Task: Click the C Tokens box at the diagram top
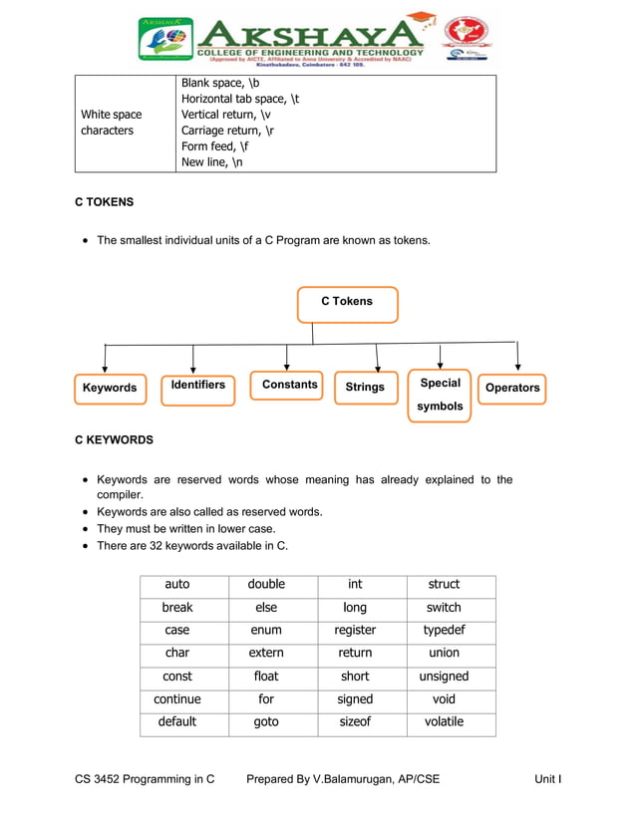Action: [347, 304]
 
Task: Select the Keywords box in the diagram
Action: [110, 389]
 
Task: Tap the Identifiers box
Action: [197, 389]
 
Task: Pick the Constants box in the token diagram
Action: [287, 385]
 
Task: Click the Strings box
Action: [365, 388]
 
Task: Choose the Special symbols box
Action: [440, 396]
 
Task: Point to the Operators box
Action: [512, 389]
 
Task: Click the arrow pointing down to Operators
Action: [517, 357]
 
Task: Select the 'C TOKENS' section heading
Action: [105, 202]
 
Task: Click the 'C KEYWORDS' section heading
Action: [115, 439]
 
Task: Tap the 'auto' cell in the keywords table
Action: [177, 585]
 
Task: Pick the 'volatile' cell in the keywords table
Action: [444, 722]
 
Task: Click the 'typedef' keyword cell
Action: [444, 631]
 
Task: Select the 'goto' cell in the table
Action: [266, 722]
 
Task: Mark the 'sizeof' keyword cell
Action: [355, 722]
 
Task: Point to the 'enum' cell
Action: [266, 631]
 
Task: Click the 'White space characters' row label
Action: [111, 123]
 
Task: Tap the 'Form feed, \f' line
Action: [215, 146]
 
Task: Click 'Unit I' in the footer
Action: [547, 779]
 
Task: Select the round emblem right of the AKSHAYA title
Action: [466, 39]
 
